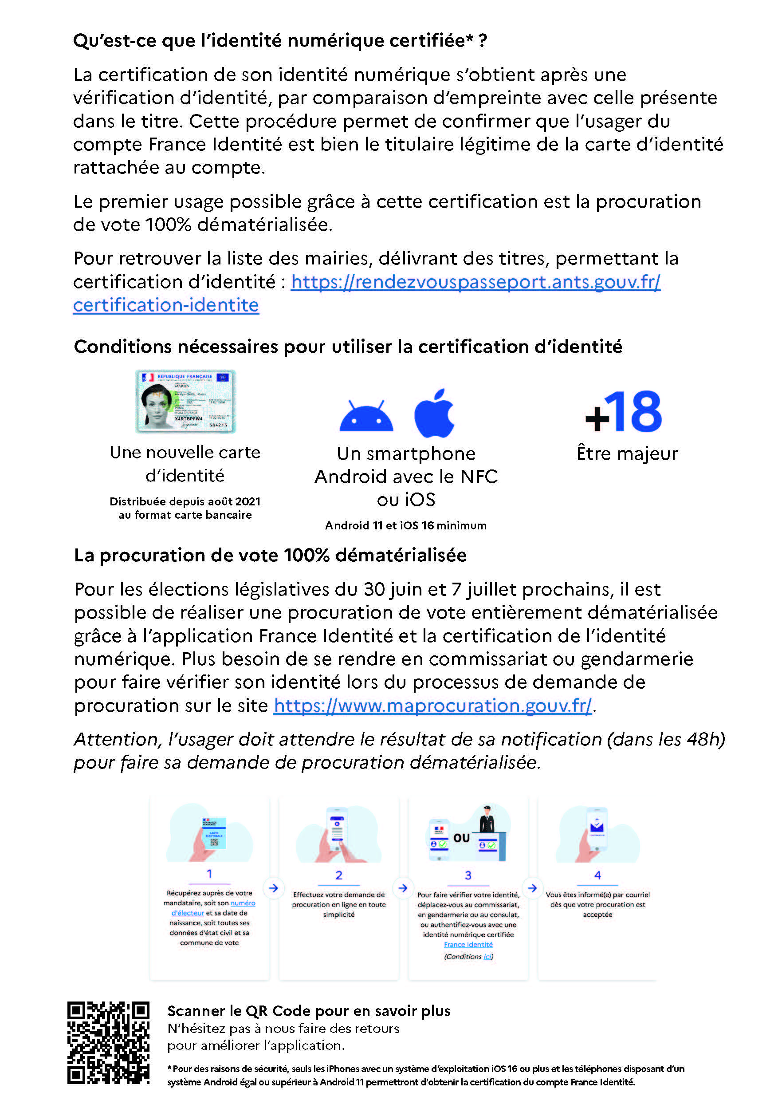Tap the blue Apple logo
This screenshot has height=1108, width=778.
coord(434,413)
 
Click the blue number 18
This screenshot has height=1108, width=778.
coord(633,412)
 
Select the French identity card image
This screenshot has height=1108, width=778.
coord(186,401)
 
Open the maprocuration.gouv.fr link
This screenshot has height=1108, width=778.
coord(432,706)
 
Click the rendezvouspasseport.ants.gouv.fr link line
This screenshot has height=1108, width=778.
coord(475,282)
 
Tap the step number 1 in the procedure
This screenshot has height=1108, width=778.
coord(209,873)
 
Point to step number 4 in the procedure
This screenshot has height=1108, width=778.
coord(597,875)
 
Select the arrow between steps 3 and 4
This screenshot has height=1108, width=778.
coord(532,888)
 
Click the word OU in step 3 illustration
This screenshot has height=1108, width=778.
coord(462,838)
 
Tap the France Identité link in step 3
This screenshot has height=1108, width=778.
coord(468,944)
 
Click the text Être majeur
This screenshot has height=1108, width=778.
coord(627,453)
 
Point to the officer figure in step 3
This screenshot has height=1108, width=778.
coord(487,820)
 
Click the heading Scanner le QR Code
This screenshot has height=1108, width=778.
coord(309,1011)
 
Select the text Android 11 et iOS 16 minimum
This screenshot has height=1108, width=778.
coord(406,525)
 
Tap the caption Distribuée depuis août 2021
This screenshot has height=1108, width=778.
coord(185,501)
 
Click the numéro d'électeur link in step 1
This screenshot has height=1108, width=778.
coord(243,903)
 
